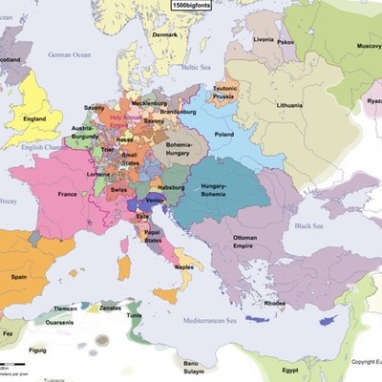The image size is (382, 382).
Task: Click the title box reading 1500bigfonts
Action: (191, 6)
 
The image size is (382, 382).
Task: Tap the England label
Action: (36, 119)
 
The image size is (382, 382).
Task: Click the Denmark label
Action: (165, 35)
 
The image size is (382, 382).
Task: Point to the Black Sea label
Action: (313, 226)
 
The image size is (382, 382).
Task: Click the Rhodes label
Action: (275, 304)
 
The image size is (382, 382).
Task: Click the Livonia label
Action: (265, 40)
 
